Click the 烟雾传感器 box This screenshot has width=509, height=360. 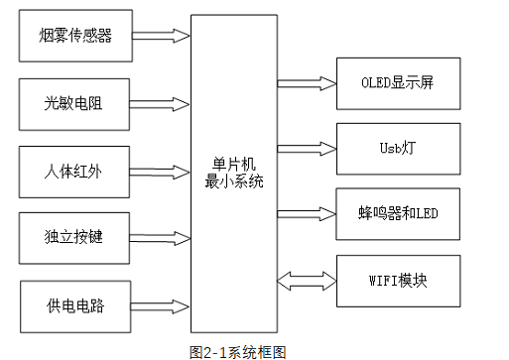(x=75, y=36)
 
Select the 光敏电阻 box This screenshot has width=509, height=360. (x=75, y=102)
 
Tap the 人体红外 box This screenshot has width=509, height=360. (x=75, y=171)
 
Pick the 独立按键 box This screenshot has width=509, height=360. (x=75, y=238)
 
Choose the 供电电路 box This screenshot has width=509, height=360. (x=75, y=305)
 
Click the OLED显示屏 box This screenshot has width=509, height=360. (x=398, y=83)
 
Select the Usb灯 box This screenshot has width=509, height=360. (x=398, y=148)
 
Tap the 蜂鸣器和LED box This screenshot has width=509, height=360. (x=398, y=213)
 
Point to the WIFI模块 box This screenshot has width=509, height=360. (x=398, y=280)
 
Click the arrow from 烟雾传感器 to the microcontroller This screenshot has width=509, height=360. (x=160, y=37)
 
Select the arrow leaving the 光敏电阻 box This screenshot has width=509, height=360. (x=160, y=103)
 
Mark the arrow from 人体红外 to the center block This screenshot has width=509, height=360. (x=160, y=171)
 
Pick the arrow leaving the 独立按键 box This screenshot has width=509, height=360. (x=160, y=238)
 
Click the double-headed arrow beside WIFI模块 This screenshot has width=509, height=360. (x=307, y=280)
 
